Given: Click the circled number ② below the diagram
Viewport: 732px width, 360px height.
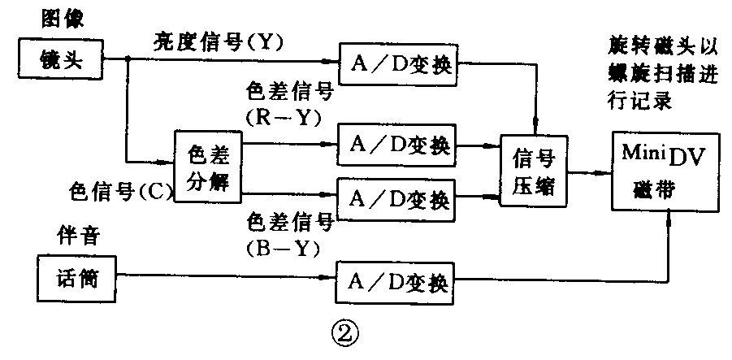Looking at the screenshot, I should click(x=341, y=331).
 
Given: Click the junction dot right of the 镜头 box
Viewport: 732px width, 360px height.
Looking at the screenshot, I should click(x=128, y=59).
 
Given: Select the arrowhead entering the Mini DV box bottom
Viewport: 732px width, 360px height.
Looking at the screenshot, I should click(x=669, y=215).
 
